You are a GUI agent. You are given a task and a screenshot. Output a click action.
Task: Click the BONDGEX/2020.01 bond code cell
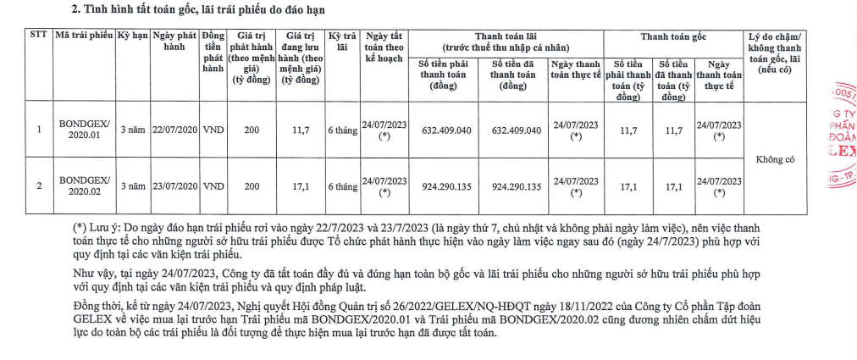coord(84,130)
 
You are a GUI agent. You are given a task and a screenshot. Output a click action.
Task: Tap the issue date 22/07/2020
coord(174,130)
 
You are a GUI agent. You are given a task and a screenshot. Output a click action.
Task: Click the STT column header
coord(39,36)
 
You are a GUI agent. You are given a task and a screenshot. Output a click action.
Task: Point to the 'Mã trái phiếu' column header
coord(84,36)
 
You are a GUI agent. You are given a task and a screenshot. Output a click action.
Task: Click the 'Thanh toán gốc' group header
coord(673,36)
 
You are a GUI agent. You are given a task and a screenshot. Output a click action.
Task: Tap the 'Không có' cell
coord(775,158)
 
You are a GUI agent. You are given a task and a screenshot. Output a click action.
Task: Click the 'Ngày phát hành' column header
coord(174,42)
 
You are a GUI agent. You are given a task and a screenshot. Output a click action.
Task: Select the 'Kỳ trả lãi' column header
coord(342,42)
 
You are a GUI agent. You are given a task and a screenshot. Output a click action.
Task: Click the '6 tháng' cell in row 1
coord(342,130)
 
